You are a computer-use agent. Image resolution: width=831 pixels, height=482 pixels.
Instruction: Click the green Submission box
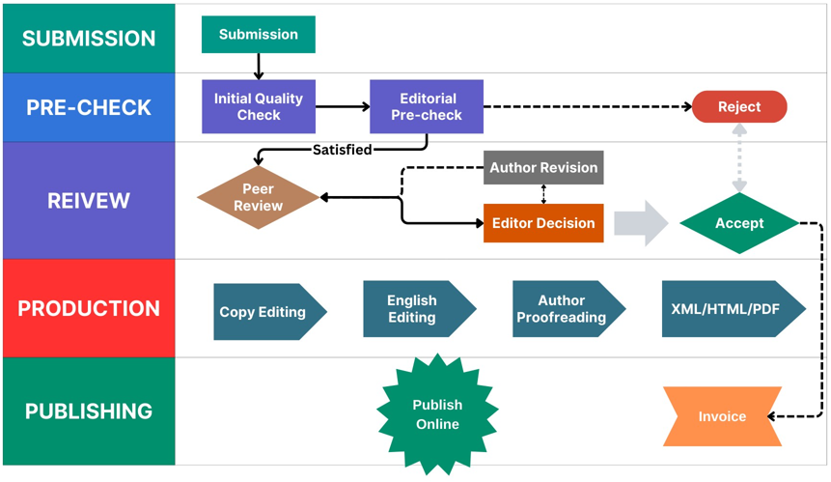point(258,35)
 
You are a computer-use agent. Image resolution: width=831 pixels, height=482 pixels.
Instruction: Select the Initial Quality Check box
point(258,106)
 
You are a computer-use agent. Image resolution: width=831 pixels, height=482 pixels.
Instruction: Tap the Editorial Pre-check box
point(427,106)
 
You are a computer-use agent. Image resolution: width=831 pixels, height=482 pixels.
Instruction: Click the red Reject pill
point(739,107)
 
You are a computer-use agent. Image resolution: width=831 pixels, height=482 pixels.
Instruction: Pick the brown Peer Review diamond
point(258,198)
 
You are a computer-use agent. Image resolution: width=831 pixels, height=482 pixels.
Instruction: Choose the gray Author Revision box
point(543,167)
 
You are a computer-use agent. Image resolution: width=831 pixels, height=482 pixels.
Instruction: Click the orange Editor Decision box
point(543,223)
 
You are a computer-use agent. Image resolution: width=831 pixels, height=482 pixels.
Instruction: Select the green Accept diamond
point(739,223)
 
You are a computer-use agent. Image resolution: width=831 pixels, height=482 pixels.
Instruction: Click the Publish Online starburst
point(437,414)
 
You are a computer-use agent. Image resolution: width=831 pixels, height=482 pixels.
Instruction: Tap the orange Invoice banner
point(722,416)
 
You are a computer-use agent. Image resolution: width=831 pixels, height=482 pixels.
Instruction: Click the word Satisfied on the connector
point(343,150)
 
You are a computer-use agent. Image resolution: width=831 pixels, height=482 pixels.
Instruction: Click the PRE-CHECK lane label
point(89,107)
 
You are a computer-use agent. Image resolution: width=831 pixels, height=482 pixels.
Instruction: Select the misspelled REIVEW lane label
point(89,201)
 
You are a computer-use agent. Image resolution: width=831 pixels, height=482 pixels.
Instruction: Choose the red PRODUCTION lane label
point(89,309)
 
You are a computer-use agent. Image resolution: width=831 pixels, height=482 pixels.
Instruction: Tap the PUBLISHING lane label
point(89,411)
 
